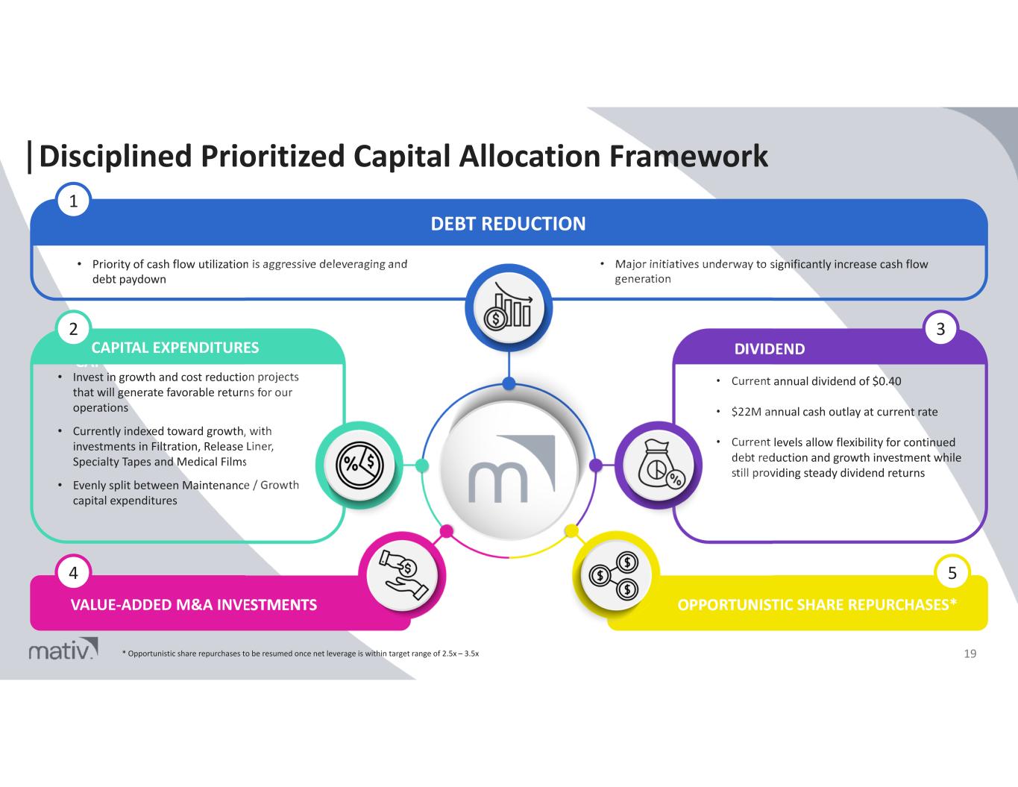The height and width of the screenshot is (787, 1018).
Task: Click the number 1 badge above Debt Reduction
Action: tap(73, 200)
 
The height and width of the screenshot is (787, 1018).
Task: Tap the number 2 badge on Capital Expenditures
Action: tap(73, 329)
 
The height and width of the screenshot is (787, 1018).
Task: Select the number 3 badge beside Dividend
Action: tap(940, 329)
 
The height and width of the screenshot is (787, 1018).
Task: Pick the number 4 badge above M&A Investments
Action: tap(73, 573)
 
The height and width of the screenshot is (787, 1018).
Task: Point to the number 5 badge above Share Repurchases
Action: tap(952, 573)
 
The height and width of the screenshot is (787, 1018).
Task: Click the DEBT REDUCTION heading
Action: tap(509, 224)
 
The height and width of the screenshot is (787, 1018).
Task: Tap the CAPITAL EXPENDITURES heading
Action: tap(175, 348)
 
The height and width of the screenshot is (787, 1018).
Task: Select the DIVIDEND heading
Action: tap(770, 349)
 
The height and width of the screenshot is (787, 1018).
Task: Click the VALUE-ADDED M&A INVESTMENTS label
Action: tap(194, 604)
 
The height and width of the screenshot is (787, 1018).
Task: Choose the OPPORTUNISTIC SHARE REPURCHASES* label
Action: tap(817, 604)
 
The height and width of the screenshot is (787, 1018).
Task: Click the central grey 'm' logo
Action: tap(509, 466)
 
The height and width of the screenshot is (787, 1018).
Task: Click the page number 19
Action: tap(970, 654)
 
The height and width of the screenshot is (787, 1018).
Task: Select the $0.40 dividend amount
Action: tap(886, 381)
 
